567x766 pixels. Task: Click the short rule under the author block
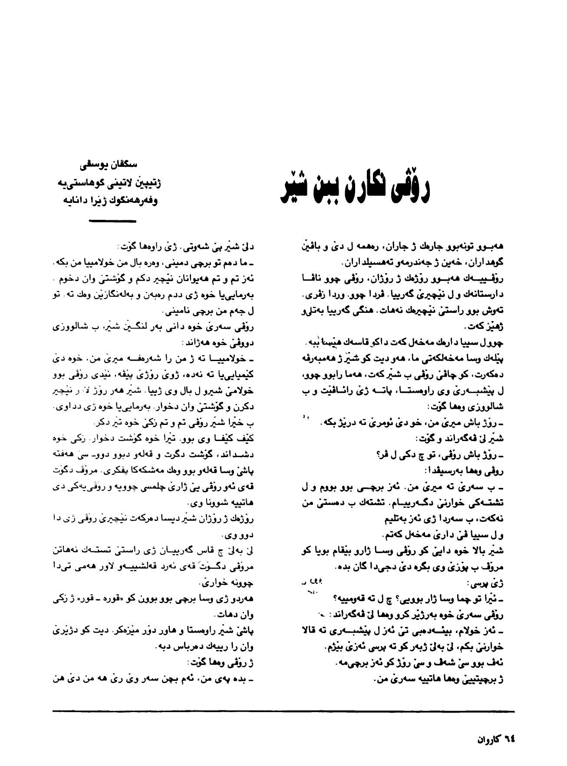[x=112, y=221]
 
